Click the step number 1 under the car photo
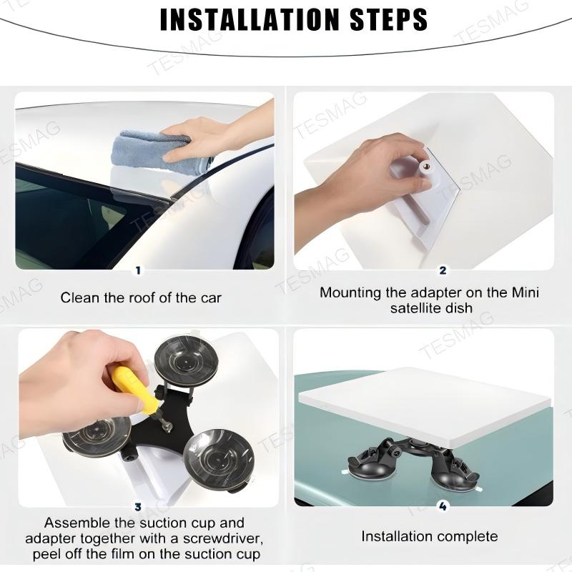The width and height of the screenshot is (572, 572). tap(139, 270)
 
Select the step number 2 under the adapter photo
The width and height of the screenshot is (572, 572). tap(443, 270)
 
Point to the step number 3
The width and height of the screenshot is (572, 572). tap(139, 507)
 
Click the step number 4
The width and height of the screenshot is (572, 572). tap(443, 507)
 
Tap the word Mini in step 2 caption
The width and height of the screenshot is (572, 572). tap(524, 292)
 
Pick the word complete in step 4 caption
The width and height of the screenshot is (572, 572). tap(465, 536)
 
